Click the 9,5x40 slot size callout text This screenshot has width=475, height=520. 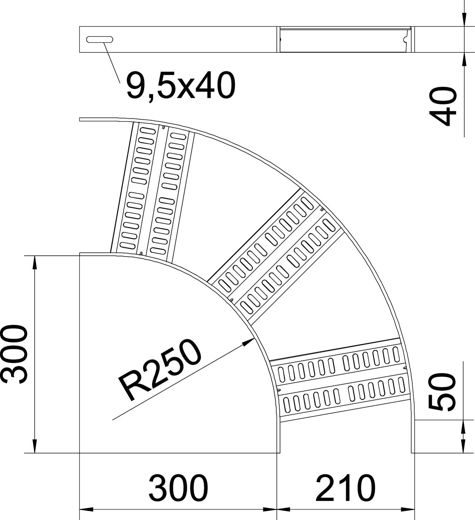(181, 86)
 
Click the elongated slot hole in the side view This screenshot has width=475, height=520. (100, 40)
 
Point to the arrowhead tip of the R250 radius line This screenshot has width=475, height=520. (254, 338)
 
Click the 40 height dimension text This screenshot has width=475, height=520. (442, 106)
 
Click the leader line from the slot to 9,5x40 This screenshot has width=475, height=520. (112, 62)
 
